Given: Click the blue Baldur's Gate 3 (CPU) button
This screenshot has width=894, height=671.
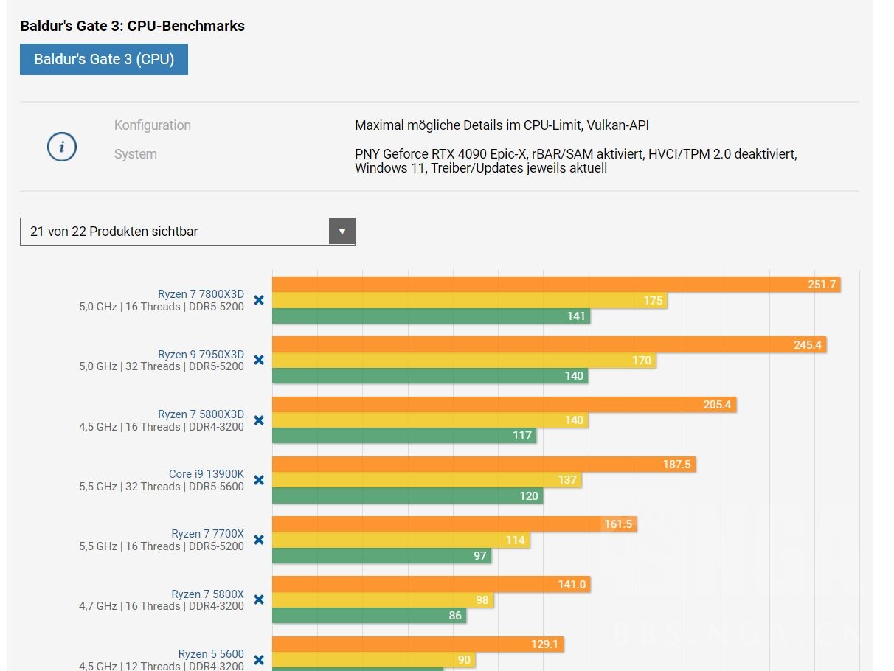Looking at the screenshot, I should coord(104,60).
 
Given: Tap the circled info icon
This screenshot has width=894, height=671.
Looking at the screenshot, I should coord(62,147).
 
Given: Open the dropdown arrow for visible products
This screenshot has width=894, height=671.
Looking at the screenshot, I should coord(342,232).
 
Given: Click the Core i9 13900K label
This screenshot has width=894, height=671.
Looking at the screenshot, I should coord(207,474).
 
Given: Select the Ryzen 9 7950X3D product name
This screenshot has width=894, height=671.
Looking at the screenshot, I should coord(201,355).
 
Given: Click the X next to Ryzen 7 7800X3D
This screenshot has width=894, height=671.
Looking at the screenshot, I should coord(259,300).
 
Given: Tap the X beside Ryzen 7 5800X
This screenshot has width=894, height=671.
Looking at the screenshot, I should coord(259,599).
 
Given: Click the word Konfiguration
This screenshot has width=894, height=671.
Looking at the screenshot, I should coord(153,125).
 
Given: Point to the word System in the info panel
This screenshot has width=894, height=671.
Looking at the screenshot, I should coord(136,154).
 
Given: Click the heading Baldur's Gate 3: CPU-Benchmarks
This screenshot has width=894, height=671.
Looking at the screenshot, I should coord(133,27).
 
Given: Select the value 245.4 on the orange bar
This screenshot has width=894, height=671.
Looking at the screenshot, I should coord(807,344).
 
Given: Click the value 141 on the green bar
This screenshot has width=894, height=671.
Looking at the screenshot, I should coord(576,316).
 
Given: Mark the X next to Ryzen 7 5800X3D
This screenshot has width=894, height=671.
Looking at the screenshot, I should coord(259,420).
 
